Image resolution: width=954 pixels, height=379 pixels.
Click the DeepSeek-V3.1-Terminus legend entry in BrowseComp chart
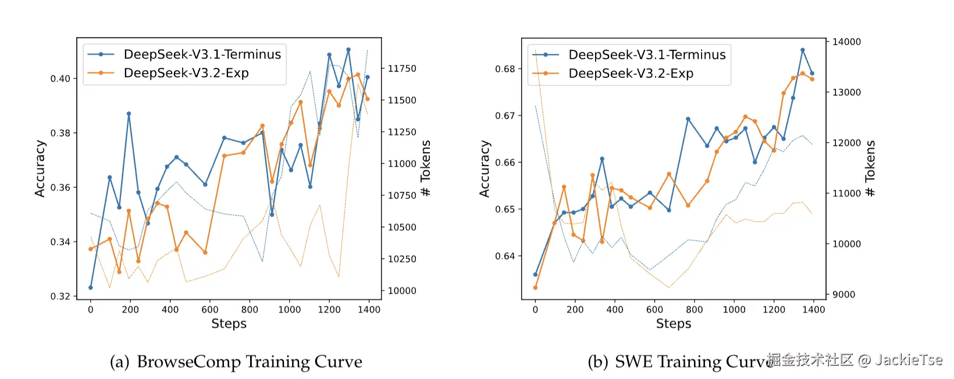point(202,55)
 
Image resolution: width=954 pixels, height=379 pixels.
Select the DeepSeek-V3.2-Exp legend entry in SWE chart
point(631,74)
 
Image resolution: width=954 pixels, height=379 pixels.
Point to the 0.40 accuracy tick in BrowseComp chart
point(60,78)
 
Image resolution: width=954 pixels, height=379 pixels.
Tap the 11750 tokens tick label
point(402,69)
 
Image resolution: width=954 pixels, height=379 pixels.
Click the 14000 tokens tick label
point(846,42)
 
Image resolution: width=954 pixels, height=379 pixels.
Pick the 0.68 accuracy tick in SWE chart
point(505,69)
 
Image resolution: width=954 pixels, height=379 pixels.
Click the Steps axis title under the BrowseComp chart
point(229,324)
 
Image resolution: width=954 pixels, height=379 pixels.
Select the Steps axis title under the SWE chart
point(674,324)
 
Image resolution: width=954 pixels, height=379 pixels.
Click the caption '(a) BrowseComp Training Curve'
point(236,362)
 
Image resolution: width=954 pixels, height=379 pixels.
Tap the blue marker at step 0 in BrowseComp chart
point(91,288)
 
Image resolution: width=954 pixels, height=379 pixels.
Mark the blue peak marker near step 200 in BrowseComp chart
point(129,114)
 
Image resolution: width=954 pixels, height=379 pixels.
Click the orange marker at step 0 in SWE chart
point(535,288)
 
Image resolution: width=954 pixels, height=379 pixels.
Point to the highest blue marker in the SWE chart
point(803,51)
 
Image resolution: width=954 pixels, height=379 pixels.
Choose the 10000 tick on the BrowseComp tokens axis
point(402,291)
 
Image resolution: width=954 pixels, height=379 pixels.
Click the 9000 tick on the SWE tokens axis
point(843,295)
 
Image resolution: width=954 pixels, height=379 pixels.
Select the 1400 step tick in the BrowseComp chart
point(369,310)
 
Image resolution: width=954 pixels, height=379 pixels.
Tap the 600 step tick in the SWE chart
point(654,310)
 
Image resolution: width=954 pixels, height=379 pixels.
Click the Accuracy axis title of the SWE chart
point(485,169)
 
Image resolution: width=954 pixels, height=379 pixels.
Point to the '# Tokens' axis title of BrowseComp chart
point(426,169)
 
